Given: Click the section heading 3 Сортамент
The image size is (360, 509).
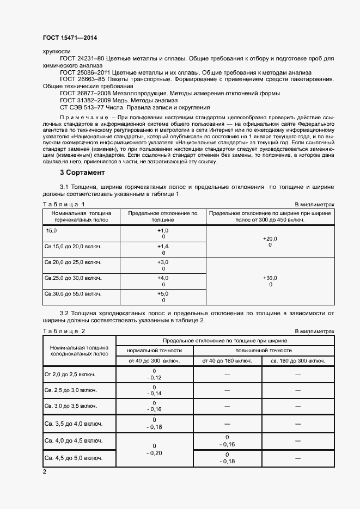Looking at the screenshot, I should click(x=82, y=173).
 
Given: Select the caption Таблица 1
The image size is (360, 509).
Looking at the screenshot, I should click(x=64, y=204).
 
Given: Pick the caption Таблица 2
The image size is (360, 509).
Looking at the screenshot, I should click(x=64, y=331).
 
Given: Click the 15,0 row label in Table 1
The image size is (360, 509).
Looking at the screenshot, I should click(x=51, y=232).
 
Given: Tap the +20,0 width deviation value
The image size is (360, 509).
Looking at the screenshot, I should click(x=270, y=239).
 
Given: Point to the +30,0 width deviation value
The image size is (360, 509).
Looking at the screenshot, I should click(x=270, y=278).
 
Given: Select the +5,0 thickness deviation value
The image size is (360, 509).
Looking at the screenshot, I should click(x=163, y=294).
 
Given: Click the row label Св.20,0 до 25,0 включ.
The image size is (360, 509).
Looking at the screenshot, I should click(x=72, y=262).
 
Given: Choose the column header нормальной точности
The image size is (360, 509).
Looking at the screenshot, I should click(x=155, y=351).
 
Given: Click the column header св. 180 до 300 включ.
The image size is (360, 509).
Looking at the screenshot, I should click(x=298, y=361).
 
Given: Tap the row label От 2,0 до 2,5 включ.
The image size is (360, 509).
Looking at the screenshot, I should click(x=70, y=375).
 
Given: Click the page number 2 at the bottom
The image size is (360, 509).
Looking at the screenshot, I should click(x=45, y=471).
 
